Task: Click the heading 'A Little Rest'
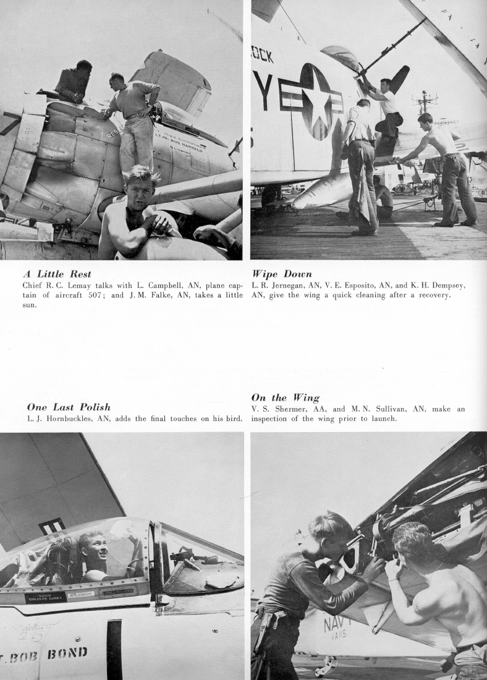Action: click(x=57, y=274)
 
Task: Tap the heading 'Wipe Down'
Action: click(x=281, y=274)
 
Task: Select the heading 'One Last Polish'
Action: click(x=69, y=407)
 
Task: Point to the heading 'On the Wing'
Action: click(x=285, y=398)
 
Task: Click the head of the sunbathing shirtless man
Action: click(x=140, y=184)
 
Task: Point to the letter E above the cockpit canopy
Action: click(x=52, y=527)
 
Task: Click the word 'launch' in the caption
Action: click(x=381, y=419)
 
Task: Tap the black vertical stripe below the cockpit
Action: click(x=114, y=649)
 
